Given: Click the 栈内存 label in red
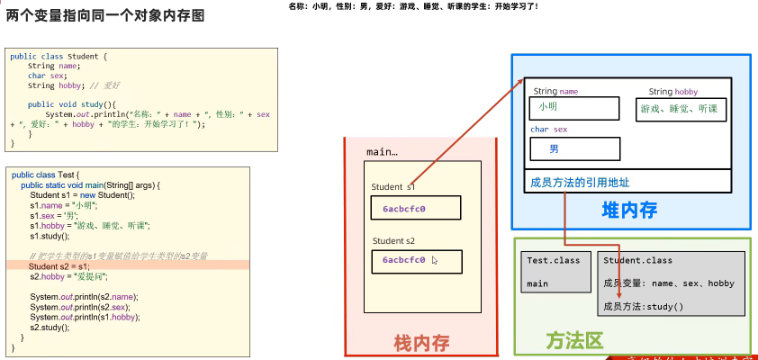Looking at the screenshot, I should (421, 342).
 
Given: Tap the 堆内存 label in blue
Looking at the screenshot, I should (629, 211).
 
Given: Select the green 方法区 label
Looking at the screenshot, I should (574, 341).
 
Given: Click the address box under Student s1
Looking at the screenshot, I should (416, 209).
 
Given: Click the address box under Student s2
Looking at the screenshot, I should (416, 261).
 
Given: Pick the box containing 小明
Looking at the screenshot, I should (575, 108).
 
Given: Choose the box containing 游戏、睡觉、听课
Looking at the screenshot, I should (681, 108).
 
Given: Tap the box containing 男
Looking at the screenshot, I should (575, 148).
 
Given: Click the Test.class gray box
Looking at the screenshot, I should (555, 272).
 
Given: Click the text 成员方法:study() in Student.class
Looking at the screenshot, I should (644, 307).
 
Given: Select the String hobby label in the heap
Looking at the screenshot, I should (672, 92).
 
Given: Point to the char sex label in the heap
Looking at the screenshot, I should (549, 130).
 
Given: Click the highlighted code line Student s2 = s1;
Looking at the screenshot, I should (59, 266).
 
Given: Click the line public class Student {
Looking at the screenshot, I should (59, 57).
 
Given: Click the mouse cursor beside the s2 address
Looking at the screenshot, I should (435, 261).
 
